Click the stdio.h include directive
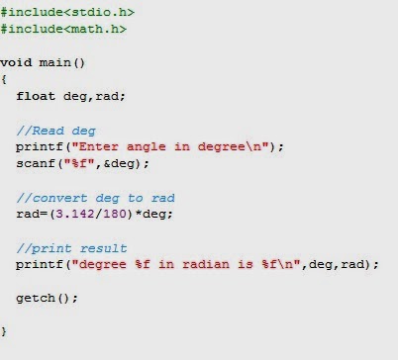(67, 12)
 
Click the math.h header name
(95, 29)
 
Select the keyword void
(16, 62)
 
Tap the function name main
(54, 62)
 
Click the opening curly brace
(4, 79)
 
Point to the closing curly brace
(4, 331)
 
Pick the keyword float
(36, 96)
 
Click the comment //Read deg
(56, 131)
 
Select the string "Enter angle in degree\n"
(170, 146)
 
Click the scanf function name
(36, 163)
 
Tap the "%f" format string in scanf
(79, 163)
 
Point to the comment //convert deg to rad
(95, 198)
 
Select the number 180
(115, 214)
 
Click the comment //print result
(71, 248)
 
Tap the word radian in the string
(206, 264)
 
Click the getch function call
(47, 298)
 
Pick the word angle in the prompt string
(147, 147)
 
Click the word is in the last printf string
(246, 264)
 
